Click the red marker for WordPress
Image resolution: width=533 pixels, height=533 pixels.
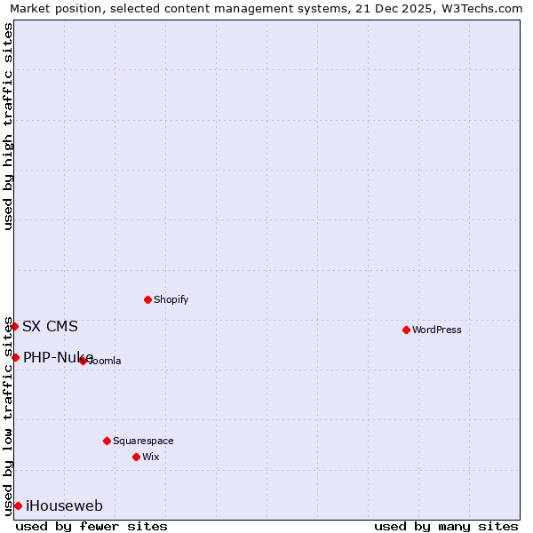406,330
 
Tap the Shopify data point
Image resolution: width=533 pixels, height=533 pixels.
147,299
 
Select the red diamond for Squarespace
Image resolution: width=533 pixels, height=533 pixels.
107,441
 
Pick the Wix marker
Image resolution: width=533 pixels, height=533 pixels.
136,457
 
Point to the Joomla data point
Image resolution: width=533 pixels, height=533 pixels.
83,361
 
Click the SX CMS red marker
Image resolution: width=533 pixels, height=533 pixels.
14,326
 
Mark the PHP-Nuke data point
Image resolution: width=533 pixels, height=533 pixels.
15,357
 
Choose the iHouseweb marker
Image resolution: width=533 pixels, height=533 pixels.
18,505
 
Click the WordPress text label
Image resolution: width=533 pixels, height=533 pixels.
437,330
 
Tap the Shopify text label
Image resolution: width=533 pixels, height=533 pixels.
171,299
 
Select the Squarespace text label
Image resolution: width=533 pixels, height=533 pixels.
143,441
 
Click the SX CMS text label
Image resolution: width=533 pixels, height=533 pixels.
50,326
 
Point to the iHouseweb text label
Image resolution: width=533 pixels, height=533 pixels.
64,505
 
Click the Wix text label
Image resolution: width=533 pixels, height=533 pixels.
151,457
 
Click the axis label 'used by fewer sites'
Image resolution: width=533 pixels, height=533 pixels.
91,526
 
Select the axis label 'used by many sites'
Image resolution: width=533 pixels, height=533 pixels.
446,526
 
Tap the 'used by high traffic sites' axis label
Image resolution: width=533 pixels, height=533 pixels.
8,126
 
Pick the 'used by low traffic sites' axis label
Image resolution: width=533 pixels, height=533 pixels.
8,416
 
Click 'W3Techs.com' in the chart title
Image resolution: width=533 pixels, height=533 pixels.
482,8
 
